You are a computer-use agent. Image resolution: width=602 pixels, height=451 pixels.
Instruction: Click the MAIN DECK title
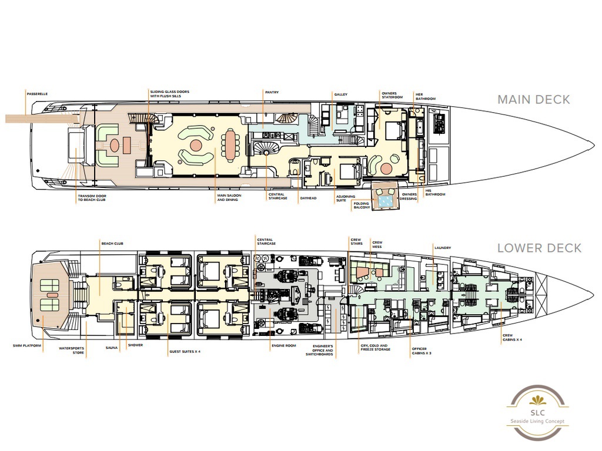[x=533, y=99]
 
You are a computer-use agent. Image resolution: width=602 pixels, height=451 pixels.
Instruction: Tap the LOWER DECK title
[x=539, y=248]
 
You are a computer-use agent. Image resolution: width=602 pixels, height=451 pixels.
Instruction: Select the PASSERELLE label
[x=37, y=93]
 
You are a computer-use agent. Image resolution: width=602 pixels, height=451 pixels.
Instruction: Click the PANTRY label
[x=271, y=92]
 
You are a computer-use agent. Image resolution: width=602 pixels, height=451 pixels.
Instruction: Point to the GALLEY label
[x=341, y=95]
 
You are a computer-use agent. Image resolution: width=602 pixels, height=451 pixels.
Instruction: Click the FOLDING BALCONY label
[x=361, y=205]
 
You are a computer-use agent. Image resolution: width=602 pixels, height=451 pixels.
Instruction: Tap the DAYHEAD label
[x=308, y=198]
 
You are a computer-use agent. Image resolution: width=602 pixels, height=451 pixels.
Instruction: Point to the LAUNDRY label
[x=443, y=248]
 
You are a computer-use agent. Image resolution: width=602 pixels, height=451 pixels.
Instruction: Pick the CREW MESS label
[x=377, y=243]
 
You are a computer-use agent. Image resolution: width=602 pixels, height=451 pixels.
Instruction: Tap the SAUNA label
[x=112, y=348]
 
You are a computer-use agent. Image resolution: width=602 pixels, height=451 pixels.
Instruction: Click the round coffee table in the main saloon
[x=196, y=144]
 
